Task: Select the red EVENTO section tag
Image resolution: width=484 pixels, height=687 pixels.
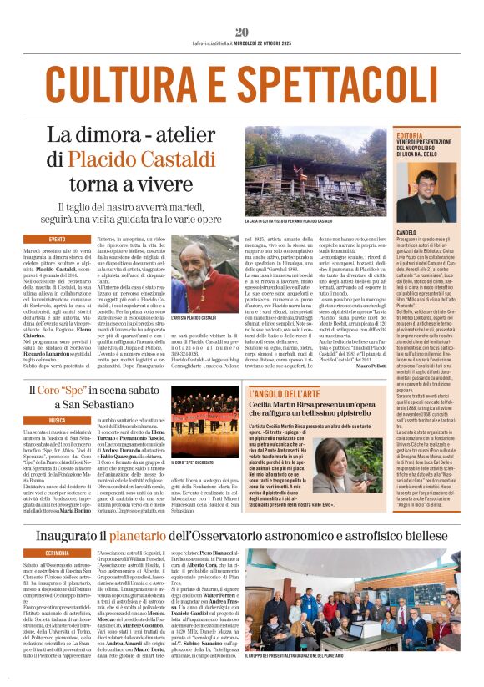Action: click(57, 240)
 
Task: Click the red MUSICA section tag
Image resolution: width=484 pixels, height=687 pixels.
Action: click(57, 421)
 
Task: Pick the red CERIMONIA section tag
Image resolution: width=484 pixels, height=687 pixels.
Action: click(57, 553)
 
